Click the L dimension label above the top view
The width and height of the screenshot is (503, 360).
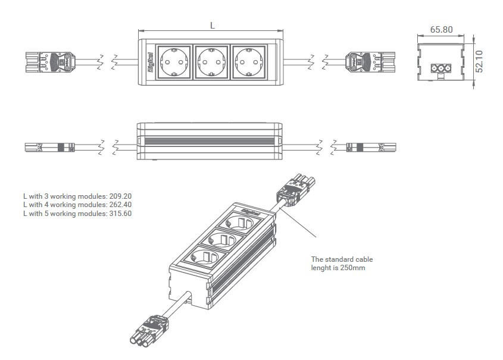[213, 25]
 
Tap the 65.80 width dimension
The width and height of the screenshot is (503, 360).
[441, 29]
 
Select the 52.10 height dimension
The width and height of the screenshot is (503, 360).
[480, 61]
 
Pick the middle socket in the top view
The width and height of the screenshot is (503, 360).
[210, 61]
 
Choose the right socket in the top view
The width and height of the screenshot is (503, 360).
[248, 61]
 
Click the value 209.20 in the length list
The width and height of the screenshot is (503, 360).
[120, 196]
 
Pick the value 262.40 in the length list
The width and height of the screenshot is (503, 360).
[120, 205]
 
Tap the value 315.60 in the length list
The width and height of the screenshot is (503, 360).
[120, 214]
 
